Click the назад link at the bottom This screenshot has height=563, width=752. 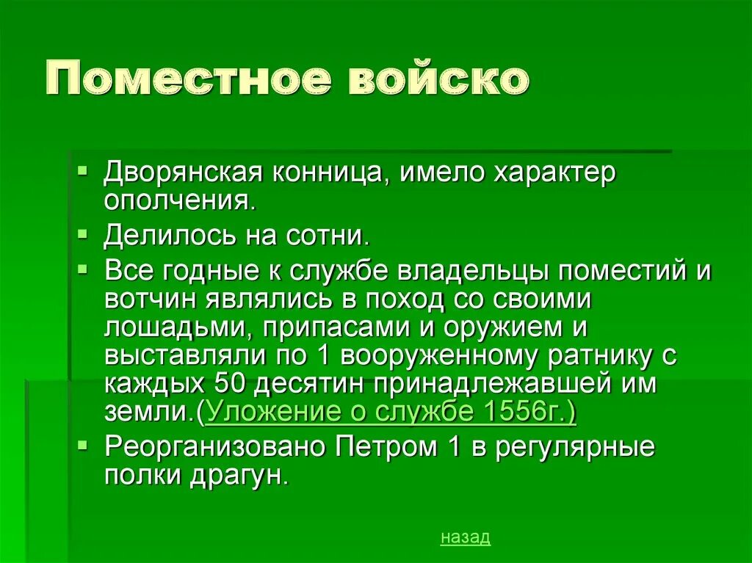[465, 537]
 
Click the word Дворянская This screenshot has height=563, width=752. [183, 173]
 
